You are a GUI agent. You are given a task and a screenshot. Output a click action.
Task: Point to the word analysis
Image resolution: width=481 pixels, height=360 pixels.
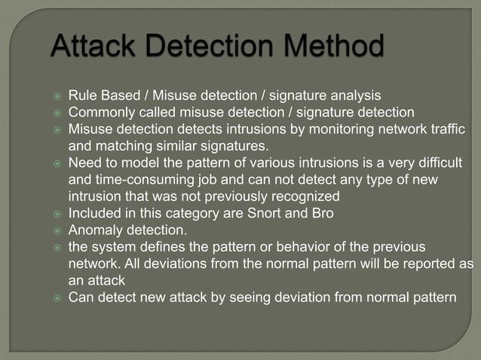coord(354,96)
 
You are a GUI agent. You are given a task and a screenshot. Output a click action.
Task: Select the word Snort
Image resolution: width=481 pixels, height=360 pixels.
coord(266,212)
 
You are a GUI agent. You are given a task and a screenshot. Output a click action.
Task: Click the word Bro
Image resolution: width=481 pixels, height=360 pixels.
coord(322,212)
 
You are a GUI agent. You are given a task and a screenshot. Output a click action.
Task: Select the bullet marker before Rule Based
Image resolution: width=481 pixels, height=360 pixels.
coord(56,96)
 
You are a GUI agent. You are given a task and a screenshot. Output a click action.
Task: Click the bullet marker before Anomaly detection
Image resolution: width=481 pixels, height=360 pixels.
coord(56,230)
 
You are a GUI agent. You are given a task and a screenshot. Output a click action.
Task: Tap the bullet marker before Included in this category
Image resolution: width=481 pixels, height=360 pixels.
coord(56,213)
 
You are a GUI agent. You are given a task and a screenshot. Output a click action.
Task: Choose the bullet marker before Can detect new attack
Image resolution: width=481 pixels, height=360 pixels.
coord(56,297)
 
